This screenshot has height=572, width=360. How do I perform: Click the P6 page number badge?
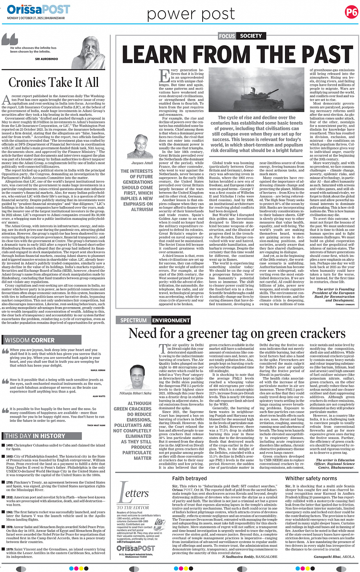pyautogui.click(x=351, y=12)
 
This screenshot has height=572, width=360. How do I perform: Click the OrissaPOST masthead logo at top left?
pyautogui.click(x=38, y=9)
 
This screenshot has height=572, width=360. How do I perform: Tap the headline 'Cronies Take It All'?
pyautogui.click(x=53, y=82)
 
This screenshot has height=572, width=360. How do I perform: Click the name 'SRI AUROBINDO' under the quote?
pyautogui.click(x=46, y=59)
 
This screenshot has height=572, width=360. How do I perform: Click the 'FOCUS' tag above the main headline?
pyautogui.click(x=227, y=36)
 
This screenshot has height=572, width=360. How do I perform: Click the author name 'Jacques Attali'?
pyautogui.click(x=142, y=163)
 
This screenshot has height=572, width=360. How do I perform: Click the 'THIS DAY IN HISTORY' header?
pyautogui.click(x=35, y=436)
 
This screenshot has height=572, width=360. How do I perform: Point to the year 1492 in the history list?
pyautogui.click(x=10, y=445)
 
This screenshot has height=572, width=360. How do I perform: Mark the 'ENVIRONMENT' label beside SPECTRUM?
pyautogui.click(x=171, y=320)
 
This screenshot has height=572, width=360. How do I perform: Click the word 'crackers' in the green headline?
pyautogui.click(x=324, y=334)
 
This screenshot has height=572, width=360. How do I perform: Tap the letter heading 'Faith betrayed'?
pyautogui.click(x=189, y=478)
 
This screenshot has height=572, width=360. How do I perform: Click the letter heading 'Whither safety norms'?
pyautogui.click(x=311, y=478)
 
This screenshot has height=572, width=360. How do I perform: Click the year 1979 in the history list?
pyautogui.click(x=10, y=549)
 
